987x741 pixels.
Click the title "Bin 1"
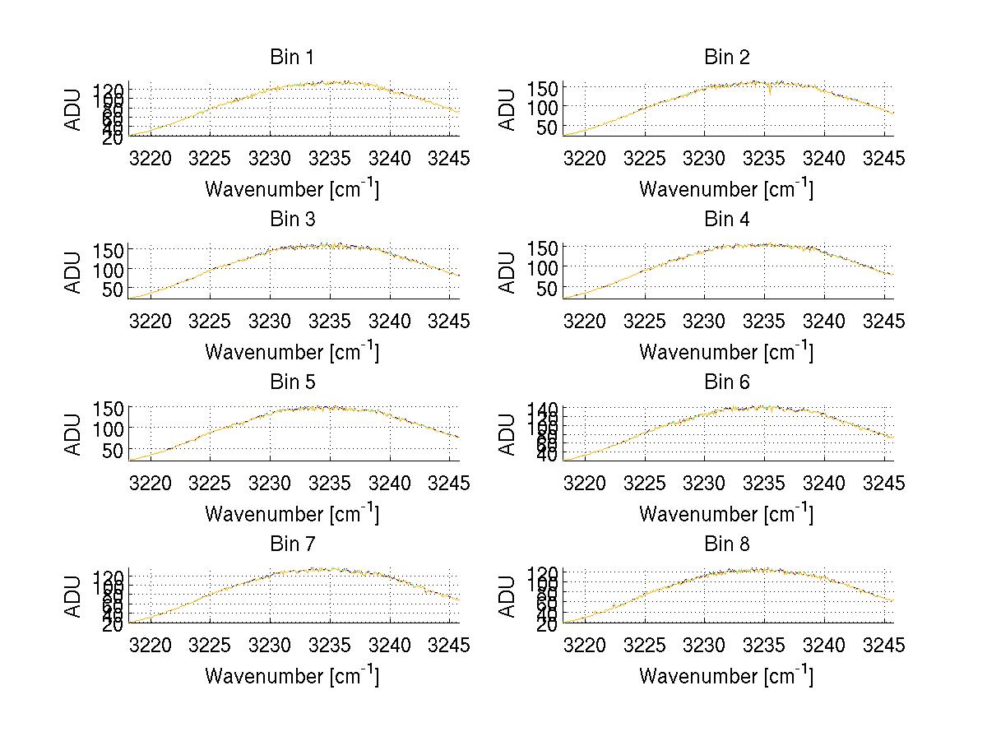point(291,58)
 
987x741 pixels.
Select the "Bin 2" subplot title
point(726,58)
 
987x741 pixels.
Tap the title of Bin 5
point(291,382)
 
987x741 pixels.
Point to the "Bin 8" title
point(726,544)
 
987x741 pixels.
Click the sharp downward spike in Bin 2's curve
point(769,93)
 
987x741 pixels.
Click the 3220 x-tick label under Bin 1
point(151,159)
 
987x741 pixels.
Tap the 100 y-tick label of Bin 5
point(109,428)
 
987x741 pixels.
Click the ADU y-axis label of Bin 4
point(507,271)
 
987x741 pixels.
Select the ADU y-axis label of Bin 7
point(73,596)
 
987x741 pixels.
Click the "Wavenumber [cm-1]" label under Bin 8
point(726,675)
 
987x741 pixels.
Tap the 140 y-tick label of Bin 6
point(544,409)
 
